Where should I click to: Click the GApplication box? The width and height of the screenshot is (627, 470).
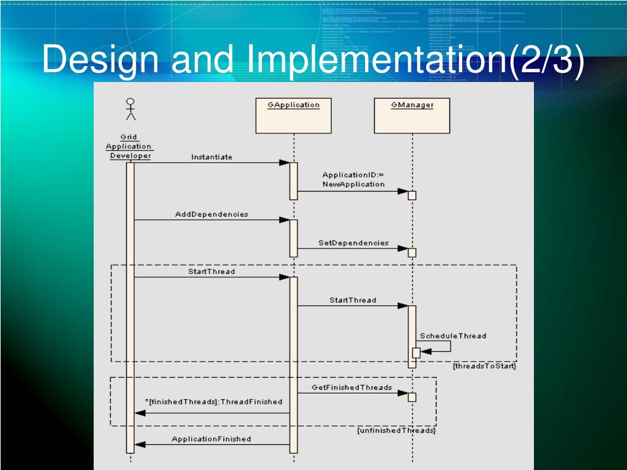[293, 115]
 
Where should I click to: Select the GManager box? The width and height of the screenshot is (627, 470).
[412, 115]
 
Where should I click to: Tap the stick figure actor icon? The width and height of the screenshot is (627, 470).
[130, 109]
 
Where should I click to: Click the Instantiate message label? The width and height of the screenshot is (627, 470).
[212, 157]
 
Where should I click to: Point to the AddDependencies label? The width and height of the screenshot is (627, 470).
[212, 214]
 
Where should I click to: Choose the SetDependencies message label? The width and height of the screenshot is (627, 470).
[353, 243]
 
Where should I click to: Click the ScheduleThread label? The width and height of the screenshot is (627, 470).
[453, 336]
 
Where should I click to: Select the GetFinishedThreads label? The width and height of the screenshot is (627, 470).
[351, 388]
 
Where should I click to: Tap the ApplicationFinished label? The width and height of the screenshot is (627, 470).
[211, 439]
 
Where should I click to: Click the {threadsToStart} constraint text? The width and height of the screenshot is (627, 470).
[484, 366]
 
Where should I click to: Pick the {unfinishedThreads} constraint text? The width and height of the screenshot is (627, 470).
[396, 431]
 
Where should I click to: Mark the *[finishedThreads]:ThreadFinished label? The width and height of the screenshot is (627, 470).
[214, 402]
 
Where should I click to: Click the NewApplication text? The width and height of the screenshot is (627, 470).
[353, 184]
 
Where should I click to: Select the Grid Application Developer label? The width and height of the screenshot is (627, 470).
[129, 146]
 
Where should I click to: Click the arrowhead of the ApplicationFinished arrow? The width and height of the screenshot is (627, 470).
[140, 444]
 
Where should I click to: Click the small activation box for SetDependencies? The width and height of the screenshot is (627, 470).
[412, 253]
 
